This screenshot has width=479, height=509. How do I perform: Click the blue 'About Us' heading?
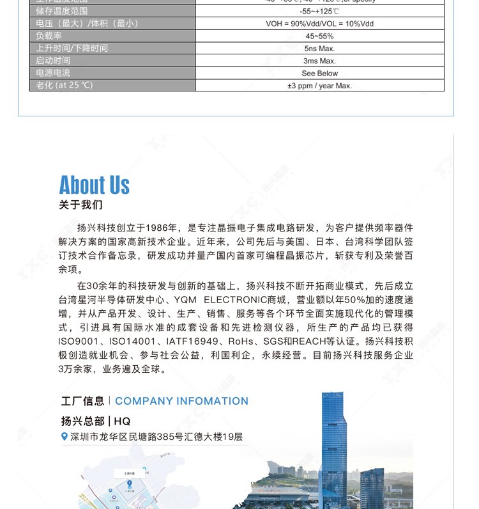(95, 185)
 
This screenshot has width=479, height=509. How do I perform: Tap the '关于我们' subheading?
(80, 205)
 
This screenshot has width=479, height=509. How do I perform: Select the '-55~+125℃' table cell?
(319, 12)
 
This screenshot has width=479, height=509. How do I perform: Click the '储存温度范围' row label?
(62, 12)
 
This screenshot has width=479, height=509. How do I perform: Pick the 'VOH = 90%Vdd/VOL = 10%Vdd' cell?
(319, 24)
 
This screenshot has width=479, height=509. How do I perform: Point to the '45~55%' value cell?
(319, 36)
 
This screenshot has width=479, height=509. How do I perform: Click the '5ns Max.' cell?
(319, 48)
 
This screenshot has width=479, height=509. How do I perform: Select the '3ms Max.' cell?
(319, 61)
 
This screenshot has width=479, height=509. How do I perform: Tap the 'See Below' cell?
(319, 73)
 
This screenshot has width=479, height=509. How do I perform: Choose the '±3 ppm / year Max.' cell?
(319, 85)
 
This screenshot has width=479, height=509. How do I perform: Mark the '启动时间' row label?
(54, 61)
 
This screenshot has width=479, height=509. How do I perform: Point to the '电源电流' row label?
(54, 73)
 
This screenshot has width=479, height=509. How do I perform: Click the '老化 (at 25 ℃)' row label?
(65, 85)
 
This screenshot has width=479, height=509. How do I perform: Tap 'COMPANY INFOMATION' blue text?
(181, 401)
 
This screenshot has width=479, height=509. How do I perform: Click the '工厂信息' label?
(82, 401)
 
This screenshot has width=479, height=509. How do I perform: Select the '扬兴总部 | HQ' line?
(96, 421)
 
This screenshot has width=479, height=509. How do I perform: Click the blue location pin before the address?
(64, 437)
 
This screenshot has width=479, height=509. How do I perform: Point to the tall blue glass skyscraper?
(333, 441)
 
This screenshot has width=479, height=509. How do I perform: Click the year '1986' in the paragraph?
(157, 228)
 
